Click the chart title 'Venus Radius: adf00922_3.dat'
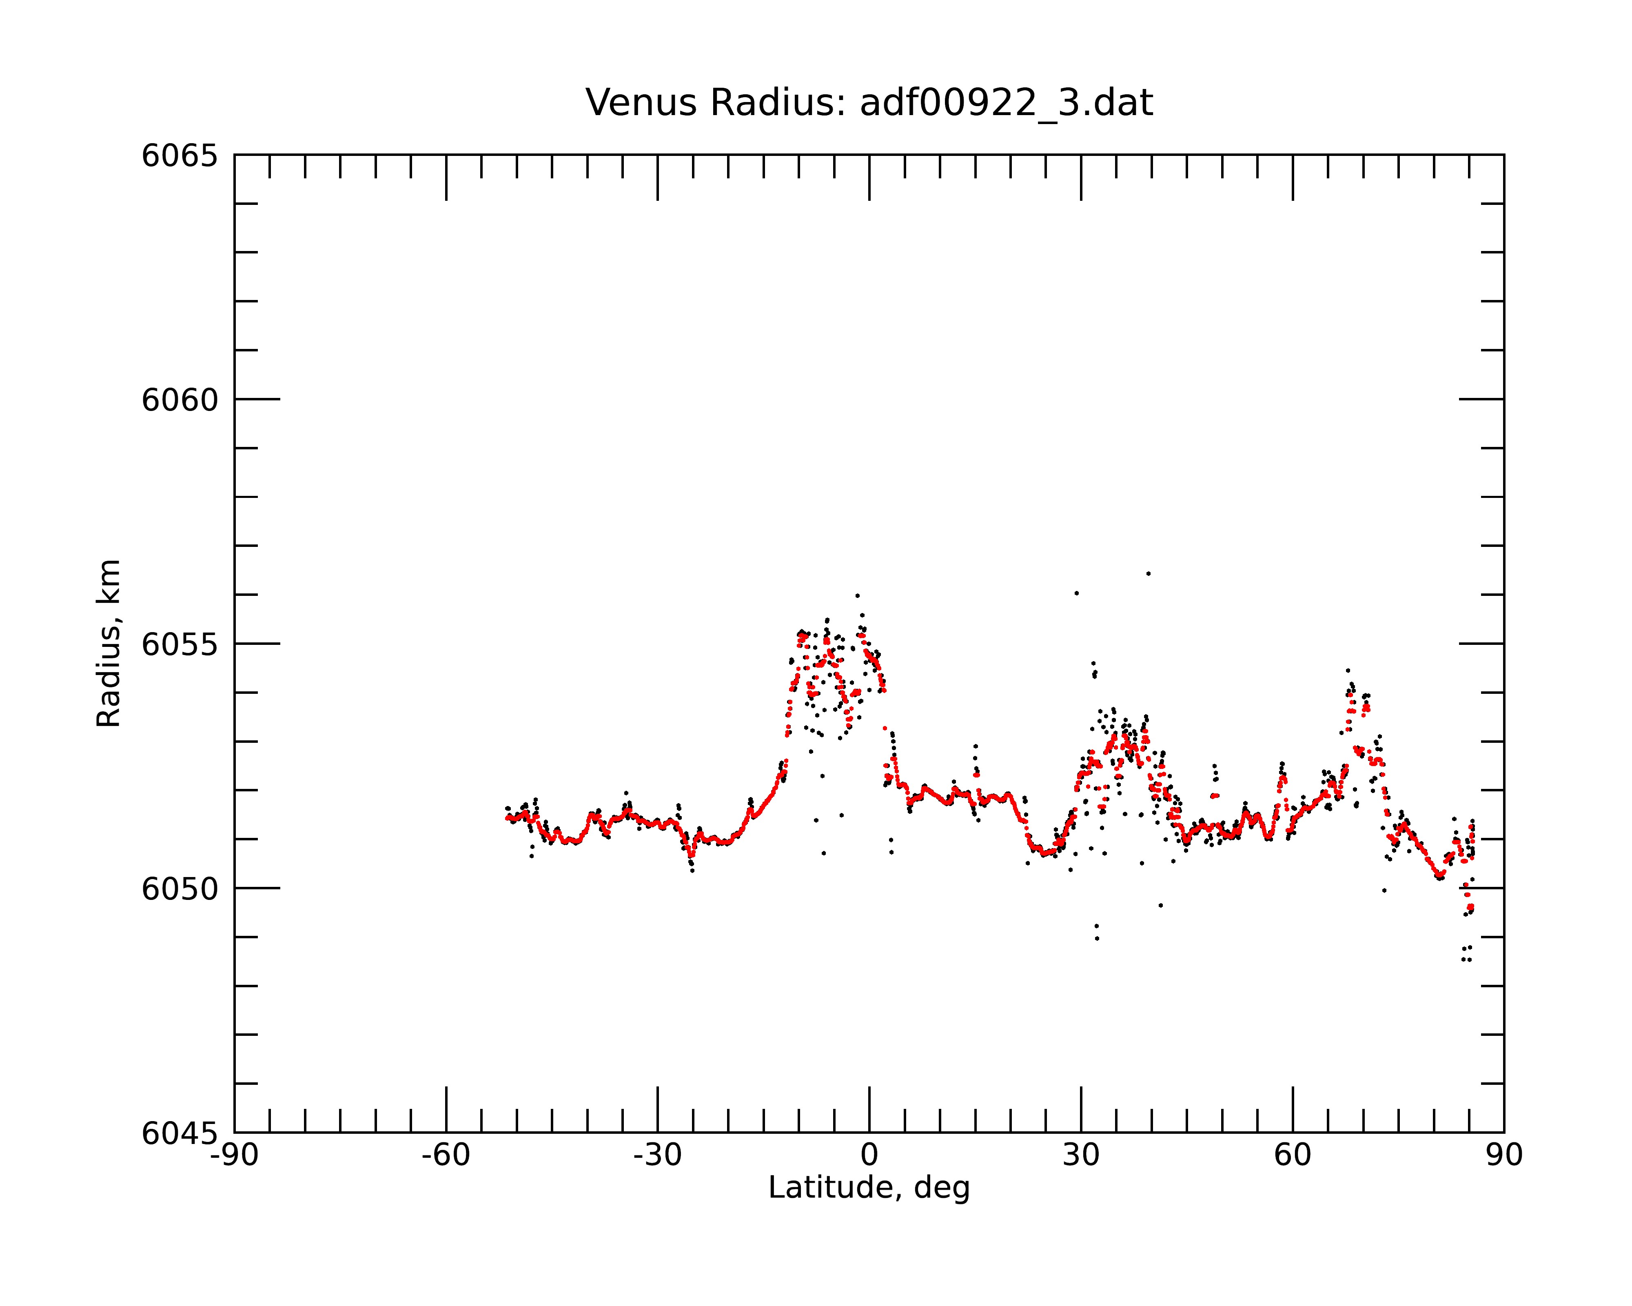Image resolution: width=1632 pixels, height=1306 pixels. pyautogui.click(x=869, y=103)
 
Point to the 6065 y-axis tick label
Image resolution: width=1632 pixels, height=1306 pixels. pyautogui.click(x=180, y=156)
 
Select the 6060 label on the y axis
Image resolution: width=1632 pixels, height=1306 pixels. pyautogui.click(x=180, y=400)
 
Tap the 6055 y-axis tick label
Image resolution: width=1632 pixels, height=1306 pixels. pyautogui.click(x=180, y=645)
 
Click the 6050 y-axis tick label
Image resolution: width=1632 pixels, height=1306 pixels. pyautogui.click(x=180, y=890)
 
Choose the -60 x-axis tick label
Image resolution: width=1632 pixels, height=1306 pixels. pyautogui.click(x=446, y=1155)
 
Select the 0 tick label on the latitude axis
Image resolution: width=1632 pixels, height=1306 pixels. pyautogui.click(x=869, y=1155)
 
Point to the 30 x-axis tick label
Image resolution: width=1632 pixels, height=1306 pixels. pyautogui.click(x=1081, y=1155)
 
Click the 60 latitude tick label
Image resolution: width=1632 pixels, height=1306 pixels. pyautogui.click(x=1292, y=1155)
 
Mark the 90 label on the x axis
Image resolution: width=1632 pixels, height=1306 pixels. pyautogui.click(x=1504, y=1155)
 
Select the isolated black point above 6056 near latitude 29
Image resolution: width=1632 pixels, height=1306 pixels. pyautogui.click(x=1076, y=593)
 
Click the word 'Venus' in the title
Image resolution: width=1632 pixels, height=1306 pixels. pyautogui.click(x=641, y=103)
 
